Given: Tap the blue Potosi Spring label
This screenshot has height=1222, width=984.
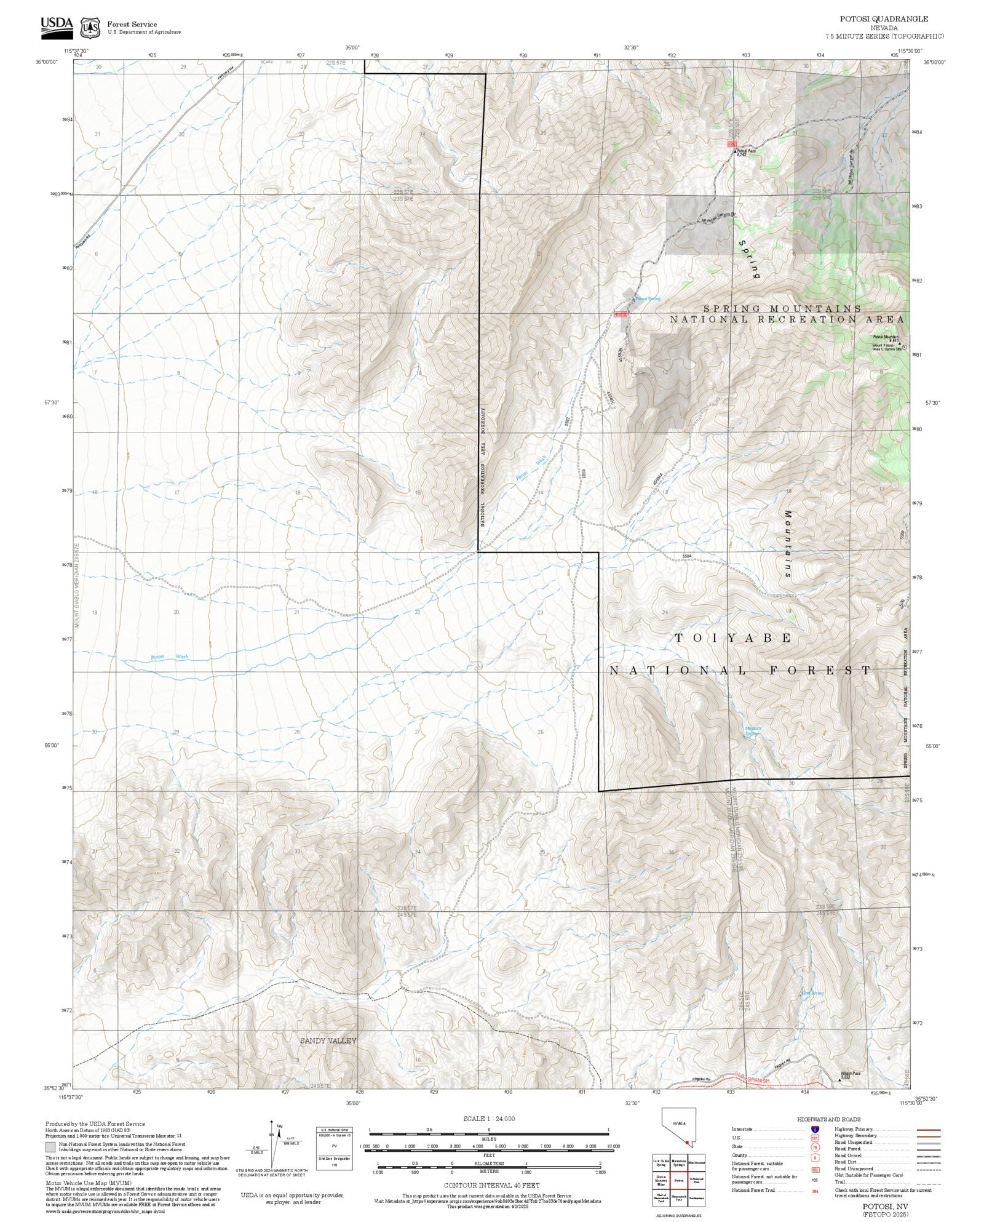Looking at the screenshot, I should (x=648, y=299).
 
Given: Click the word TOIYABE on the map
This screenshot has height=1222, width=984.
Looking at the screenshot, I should (x=733, y=638).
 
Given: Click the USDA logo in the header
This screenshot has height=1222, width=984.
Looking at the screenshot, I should (x=57, y=27).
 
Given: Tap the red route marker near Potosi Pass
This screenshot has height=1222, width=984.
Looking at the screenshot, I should (x=731, y=144).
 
